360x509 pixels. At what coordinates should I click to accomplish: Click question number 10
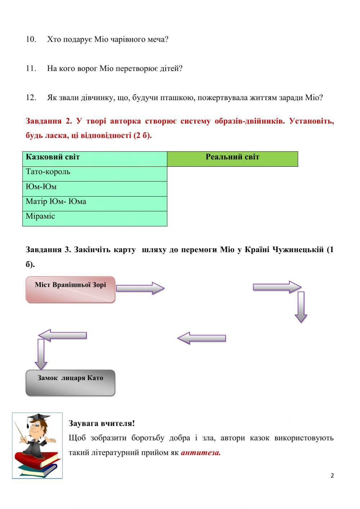point(31,39)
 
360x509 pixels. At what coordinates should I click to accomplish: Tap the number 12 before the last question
point(31,98)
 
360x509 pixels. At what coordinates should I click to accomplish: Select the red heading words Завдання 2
point(49,121)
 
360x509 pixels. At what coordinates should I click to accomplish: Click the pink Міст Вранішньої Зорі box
point(71,289)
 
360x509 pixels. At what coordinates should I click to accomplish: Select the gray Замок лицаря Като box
point(71,383)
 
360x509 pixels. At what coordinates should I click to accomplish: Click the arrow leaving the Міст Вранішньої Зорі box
point(140,288)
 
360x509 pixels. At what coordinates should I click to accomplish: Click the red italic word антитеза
point(201,453)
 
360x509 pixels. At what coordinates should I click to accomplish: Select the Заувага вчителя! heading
point(102,424)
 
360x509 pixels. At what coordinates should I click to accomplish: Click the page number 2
point(332,475)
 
